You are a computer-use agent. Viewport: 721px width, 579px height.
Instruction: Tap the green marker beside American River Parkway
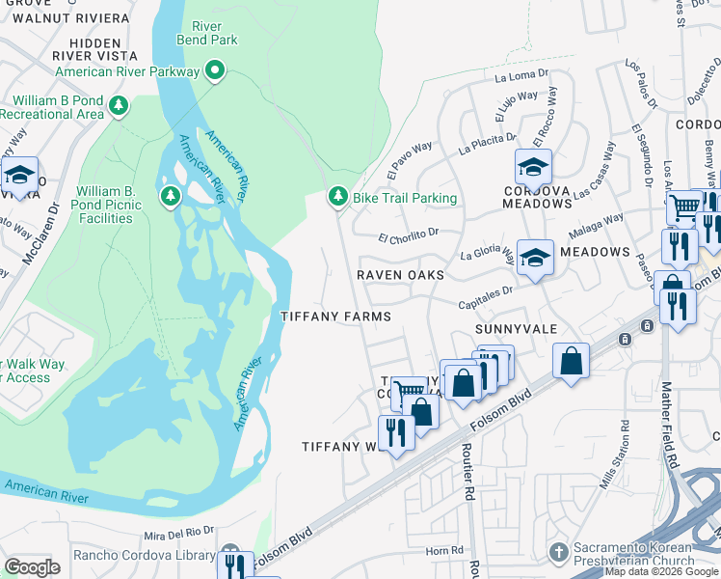point(216,70)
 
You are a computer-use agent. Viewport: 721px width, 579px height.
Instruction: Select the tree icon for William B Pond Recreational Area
point(119,105)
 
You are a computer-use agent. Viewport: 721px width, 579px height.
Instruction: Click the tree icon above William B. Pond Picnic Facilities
point(171,198)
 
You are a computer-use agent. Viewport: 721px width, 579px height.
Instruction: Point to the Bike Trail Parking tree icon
point(337,197)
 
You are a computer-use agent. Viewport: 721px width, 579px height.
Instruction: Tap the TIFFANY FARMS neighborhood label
point(335,317)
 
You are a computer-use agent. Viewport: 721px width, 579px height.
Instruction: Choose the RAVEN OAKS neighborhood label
point(400,275)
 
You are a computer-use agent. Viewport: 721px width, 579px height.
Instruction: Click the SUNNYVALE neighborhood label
point(517,329)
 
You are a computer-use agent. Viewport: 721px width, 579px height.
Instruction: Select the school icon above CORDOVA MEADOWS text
point(533,167)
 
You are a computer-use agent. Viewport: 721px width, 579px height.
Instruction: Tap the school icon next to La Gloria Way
point(535,258)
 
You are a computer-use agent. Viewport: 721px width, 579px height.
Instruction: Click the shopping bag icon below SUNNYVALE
point(572,362)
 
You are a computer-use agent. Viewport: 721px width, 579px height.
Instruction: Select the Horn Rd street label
point(445,551)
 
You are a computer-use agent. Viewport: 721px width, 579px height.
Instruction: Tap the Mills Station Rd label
point(610,455)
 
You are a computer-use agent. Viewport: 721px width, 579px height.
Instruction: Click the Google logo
point(33,567)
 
